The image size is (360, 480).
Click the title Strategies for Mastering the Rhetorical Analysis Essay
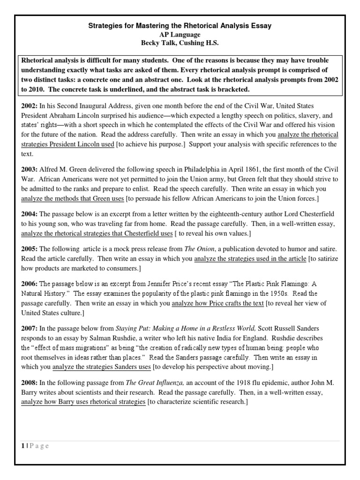[x=180, y=26]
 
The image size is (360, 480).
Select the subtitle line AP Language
[x=180, y=35]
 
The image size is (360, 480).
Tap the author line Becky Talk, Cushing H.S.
[x=180, y=44]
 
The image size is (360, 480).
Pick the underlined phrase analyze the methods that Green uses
[x=72, y=199]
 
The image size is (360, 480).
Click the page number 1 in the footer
[x=22, y=446]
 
